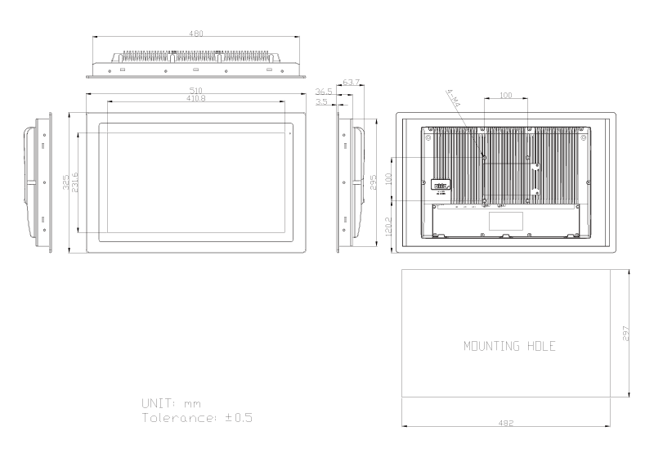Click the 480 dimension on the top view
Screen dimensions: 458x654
[x=196, y=34]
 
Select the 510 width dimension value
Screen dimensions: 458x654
[x=196, y=89]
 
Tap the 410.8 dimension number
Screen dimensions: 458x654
[x=196, y=98]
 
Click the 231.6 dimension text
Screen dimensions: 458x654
[x=75, y=182]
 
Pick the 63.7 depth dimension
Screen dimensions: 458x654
[x=352, y=83]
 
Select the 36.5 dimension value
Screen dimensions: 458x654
[x=323, y=92]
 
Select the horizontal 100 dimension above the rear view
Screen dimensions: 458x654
[x=505, y=96]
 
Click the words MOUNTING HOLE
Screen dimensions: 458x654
[x=509, y=346]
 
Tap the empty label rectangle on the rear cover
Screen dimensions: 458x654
[x=505, y=221]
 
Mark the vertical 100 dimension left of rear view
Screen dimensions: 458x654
[x=390, y=177]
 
